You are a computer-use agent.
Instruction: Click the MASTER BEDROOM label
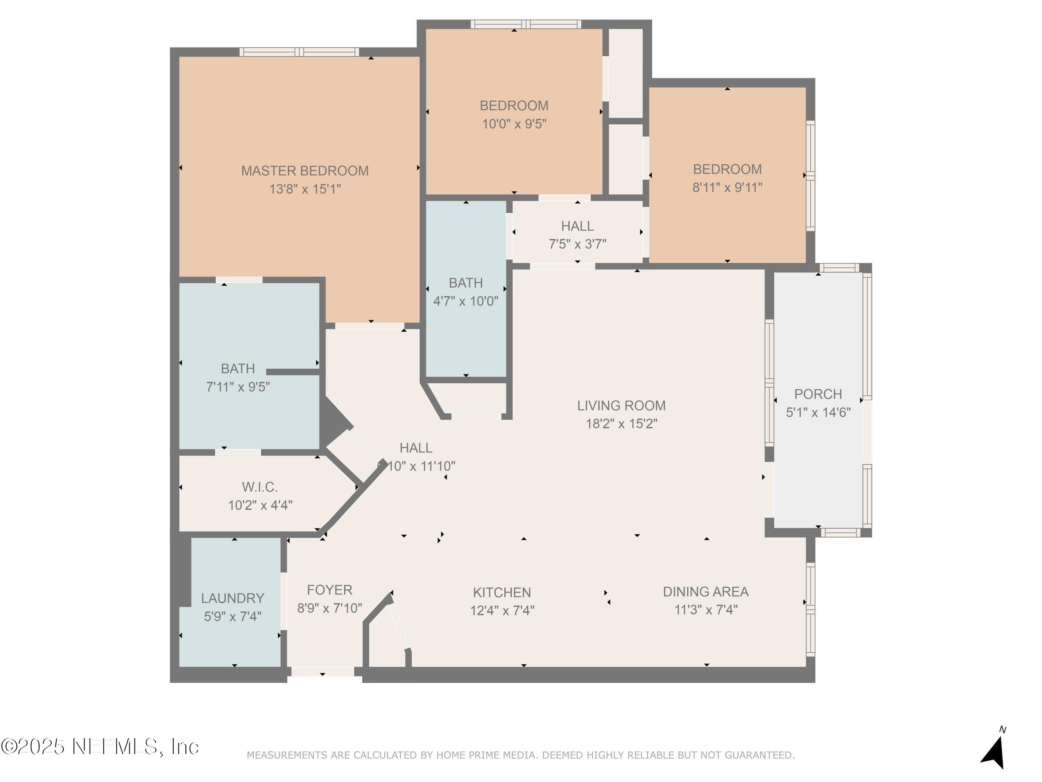[305, 171]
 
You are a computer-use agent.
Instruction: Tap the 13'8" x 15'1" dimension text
[305, 189]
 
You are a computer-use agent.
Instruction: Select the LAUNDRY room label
[232, 598]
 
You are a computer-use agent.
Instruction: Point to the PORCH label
[818, 394]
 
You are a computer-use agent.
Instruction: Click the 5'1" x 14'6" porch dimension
[818, 412]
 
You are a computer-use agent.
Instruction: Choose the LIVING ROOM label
[621, 405]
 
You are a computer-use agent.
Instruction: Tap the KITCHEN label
[502, 592]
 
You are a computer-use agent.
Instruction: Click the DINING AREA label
[705, 591]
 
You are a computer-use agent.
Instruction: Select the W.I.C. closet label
[260, 486]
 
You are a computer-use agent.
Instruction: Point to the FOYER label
[329, 590]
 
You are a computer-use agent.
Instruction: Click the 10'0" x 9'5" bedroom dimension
[514, 124]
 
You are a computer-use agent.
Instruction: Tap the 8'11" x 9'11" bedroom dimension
[727, 187]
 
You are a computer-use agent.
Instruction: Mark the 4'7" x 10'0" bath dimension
[466, 301]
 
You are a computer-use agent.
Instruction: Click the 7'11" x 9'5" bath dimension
[238, 387]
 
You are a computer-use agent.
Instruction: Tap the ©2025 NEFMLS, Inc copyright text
[100, 747]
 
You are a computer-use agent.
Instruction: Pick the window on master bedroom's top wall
[299, 52]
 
